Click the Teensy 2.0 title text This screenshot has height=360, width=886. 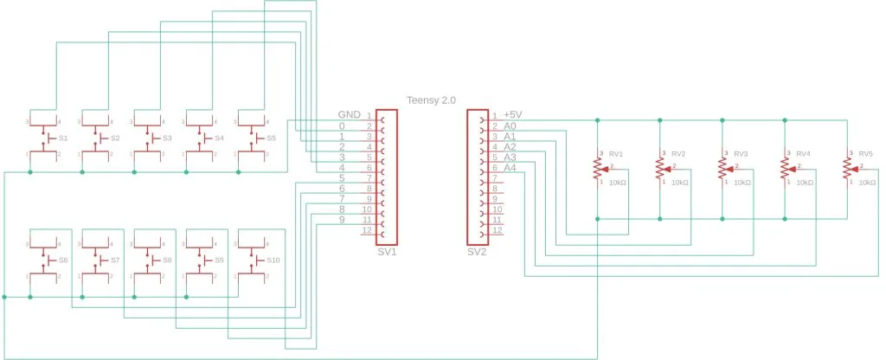pos(431,100)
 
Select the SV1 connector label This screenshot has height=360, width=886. pos(387,253)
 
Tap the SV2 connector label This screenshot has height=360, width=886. pos(478,253)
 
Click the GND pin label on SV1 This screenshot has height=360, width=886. pos(350,115)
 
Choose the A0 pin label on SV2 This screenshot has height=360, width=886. pos(510,126)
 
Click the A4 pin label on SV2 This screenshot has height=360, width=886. pos(510,168)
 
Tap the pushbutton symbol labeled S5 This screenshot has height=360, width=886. pos(252,138)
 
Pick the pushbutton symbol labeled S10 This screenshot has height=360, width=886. pos(252,260)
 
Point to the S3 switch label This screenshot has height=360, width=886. pos(167,138)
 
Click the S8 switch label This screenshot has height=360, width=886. pos(167,260)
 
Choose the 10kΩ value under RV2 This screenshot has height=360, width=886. pos(680,183)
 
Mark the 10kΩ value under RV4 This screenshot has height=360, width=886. pos(805,183)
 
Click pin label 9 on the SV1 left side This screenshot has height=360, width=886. pos(342,220)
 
